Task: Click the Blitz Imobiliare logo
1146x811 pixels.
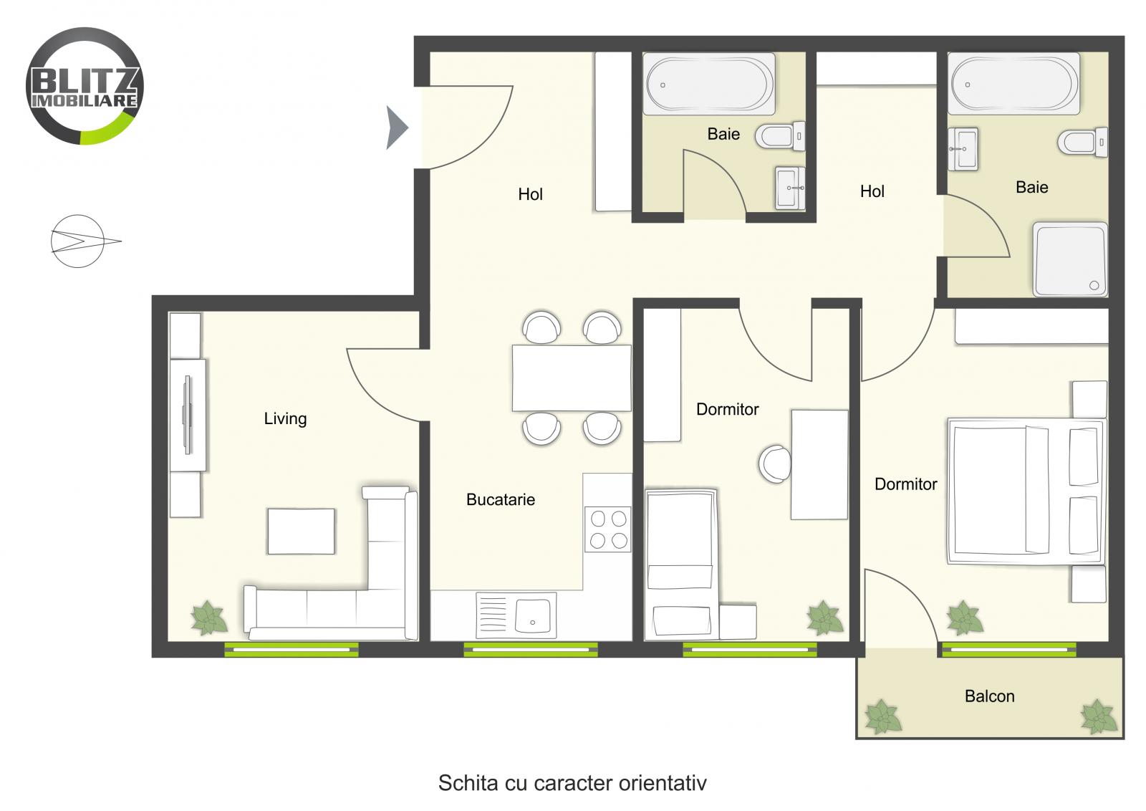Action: [x=85, y=86]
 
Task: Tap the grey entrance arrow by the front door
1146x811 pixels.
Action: [x=396, y=128]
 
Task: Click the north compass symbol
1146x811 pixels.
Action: [x=79, y=241]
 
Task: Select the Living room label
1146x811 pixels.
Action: [x=285, y=418]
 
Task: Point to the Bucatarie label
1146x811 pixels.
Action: [x=501, y=500]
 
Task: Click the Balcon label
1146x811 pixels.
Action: [x=989, y=696]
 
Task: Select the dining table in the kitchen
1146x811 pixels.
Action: [x=572, y=378]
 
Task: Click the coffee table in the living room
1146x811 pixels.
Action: [x=301, y=531]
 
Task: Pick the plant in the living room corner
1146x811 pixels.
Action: [x=208, y=618]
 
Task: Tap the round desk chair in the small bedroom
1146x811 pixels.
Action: [x=776, y=464]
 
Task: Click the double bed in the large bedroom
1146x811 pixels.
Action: [x=1024, y=491]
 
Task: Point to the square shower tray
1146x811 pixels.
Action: [x=1069, y=259]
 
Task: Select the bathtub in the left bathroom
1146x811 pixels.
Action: [x=709, y=84]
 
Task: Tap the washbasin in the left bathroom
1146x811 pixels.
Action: [x=789, y=188]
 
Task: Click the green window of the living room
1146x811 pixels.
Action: [x=291, y=650]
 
